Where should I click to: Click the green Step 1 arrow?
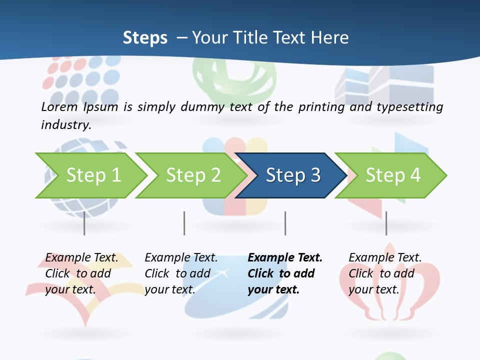[90, 175]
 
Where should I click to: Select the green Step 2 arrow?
[190, 175]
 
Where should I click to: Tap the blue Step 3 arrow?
[290, 175]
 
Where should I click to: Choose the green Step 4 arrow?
[390, 175]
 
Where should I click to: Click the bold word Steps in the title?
[145, 38]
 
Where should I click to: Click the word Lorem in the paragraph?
[59, 106]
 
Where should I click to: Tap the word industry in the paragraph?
[65, 125]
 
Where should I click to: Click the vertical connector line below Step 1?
[84, 223]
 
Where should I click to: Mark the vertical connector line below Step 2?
[184, 223]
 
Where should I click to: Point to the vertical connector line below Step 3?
[285, 223]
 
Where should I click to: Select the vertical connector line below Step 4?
[386, 223]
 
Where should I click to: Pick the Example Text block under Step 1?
[81, 273]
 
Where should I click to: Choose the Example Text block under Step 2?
[181, 273]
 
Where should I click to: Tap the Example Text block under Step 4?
[385, 273]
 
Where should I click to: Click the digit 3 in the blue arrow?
[315, 175]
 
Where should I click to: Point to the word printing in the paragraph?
[321, 107]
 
